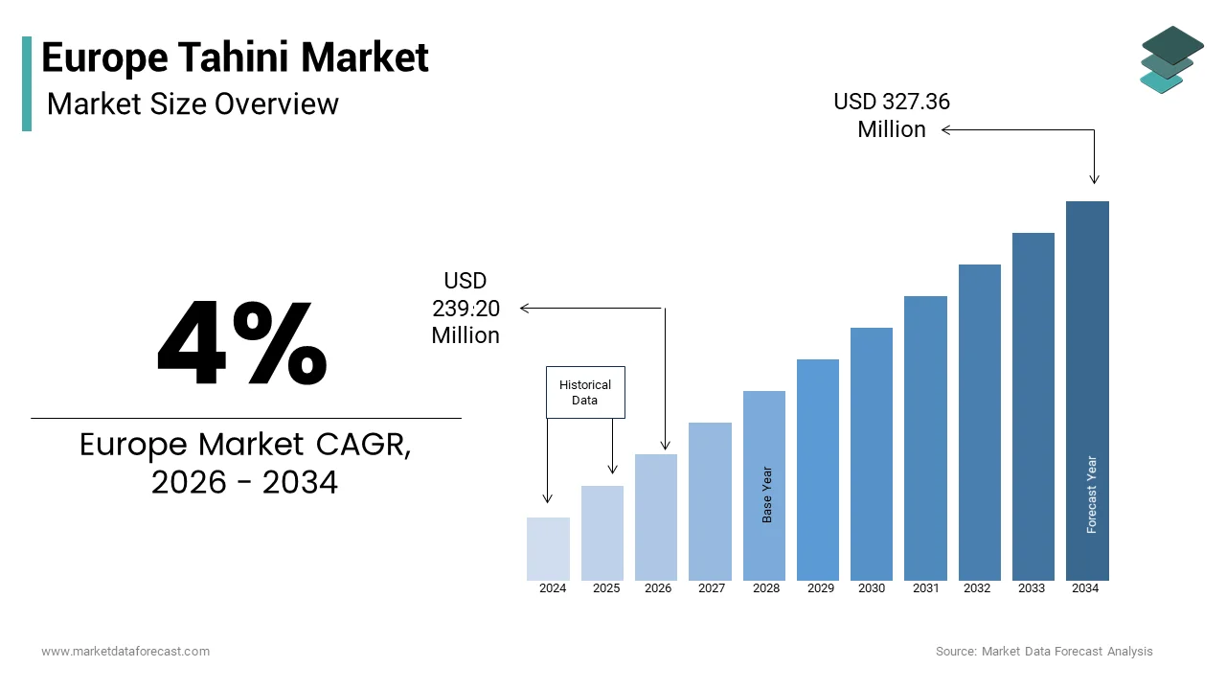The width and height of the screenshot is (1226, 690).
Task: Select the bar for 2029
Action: [817, 470]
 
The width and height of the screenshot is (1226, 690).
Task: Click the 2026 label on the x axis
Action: [658, 588]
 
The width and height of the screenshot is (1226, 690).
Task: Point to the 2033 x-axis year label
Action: [1032, 588]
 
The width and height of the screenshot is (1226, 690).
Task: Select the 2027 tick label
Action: [712, 588]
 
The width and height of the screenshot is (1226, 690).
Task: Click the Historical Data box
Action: [585, 392]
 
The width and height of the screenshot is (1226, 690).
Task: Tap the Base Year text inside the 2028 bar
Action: [767, 494]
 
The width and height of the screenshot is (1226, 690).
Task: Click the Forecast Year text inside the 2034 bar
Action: [1092, 494]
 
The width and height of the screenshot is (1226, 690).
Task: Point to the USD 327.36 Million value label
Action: [892, 115]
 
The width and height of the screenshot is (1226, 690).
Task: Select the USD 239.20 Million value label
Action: [465, 308]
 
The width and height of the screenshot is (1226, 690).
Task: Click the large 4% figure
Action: [242, 344]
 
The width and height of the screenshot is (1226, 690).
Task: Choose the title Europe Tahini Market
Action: [236, 57]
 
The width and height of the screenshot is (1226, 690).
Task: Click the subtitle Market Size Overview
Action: [193, 103]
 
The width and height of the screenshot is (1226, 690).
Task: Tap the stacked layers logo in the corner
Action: [1172, 59]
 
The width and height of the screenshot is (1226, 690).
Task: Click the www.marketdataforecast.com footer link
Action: [125, 652]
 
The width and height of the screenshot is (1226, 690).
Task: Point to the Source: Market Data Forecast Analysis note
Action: [1044, 652]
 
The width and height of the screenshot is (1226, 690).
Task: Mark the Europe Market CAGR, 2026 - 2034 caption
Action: [245, 464]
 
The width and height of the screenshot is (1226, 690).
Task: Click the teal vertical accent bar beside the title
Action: [27, 83]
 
